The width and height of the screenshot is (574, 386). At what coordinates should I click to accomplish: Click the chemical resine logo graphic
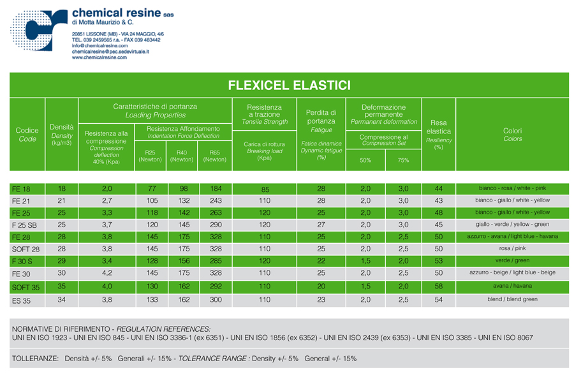[39, 30]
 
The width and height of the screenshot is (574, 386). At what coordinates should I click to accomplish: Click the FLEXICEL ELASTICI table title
[289, 85]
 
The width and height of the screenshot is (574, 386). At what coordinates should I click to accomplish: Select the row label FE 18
[21, 189]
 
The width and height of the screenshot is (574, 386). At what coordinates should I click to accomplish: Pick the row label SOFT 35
[26, 287]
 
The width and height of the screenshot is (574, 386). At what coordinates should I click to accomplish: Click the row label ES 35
[21, 300]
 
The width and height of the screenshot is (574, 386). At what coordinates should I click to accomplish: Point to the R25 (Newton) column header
[150, 156]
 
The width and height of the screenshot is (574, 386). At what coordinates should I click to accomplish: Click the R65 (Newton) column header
[214, 156]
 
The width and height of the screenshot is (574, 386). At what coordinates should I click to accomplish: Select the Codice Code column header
[27, 134]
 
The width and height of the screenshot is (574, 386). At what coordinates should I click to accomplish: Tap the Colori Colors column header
[512, 135]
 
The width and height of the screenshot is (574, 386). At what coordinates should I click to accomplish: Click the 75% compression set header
[403, 160]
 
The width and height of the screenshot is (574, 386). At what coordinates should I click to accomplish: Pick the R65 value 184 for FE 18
[215, 189]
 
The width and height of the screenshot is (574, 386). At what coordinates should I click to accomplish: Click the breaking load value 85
[264, 189]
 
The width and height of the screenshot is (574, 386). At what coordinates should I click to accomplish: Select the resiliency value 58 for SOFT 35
[438, 286]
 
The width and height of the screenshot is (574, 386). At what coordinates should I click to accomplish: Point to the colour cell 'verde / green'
[512, 260]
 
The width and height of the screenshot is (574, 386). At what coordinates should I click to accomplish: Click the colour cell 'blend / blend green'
[512, 299]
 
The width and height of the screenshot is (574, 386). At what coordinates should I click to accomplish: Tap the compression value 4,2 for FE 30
[107, 273]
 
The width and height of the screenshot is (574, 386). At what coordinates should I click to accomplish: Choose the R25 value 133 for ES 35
[152, 299]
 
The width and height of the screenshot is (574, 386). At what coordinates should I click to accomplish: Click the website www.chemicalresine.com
[99, 57]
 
